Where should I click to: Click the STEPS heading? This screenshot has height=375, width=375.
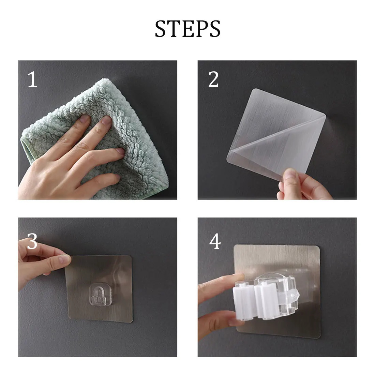pos(187,29)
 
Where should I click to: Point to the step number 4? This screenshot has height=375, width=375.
pos(215,242)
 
